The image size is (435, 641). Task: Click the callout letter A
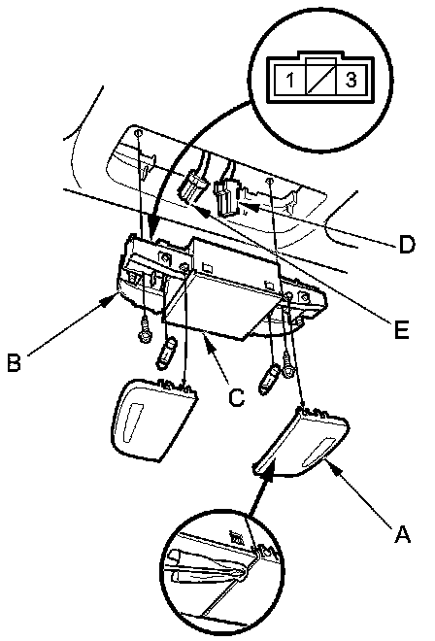[402, 534]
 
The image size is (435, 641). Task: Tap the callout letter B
[15, 362]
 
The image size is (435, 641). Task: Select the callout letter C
[236, 396]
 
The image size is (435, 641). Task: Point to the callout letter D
[407, 245]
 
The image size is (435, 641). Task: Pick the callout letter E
[402, 329]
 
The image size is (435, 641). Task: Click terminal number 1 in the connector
[290, 80]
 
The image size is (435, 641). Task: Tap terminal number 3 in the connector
[351, 80]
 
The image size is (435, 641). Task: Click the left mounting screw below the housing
[145, 331]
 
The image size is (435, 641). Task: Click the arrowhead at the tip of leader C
[208, 340]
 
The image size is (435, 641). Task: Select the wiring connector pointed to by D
[224, 199]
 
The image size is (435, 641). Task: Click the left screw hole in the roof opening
[138, 133]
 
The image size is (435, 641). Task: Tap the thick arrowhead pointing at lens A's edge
[268, 477]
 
